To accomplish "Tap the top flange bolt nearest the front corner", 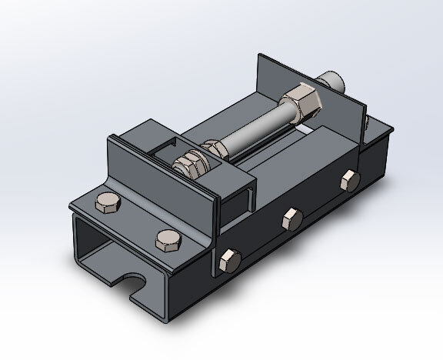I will coord(166,239).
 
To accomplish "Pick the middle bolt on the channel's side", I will coord(291,218).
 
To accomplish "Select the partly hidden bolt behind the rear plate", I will coord(366,123).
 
